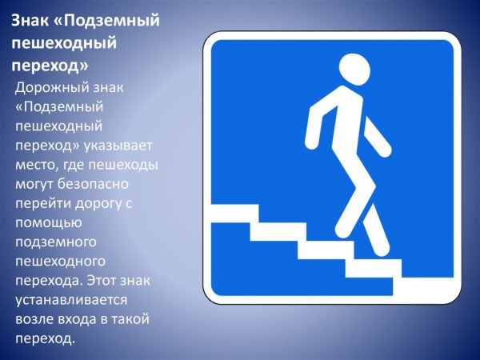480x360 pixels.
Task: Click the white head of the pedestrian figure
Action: coord(354,70)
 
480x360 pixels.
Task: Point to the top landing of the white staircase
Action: coord(234,214)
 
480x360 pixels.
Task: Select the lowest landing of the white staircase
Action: coord(427,286)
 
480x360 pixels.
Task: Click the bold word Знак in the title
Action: coord(31,21)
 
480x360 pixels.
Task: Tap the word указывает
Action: coord(118,146)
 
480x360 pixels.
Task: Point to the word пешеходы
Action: coord(123,166)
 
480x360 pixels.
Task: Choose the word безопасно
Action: coord(93,184)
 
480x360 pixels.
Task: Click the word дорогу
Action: coord(98,204)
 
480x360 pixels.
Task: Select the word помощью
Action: coord(49,223)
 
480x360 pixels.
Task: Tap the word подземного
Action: coord(56,242)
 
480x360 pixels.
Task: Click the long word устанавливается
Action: coord(71,300)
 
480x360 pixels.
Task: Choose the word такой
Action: coord(130,319)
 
